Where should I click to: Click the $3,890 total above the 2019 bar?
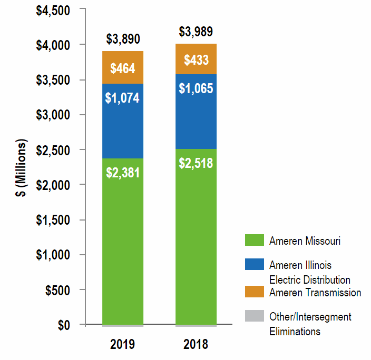coord(122,39)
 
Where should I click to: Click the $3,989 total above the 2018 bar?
coord(196,32)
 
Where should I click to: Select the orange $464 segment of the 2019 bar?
coord(122,68)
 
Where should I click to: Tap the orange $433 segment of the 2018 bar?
coord(196,59)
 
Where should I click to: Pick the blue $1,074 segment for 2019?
coord(122,98)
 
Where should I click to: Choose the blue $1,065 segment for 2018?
coord(196,88)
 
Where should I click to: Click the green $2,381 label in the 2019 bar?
coord(122,173)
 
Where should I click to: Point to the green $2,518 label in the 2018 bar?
coord(196,163)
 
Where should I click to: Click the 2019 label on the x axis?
coord(122,345)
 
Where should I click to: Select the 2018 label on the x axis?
coord(196,345)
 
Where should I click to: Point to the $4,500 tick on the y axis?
coord(56,10)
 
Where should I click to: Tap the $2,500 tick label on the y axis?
coord(56,150)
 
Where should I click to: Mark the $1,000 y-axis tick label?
coord(56,255)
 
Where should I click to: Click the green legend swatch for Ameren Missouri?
coord(254,241)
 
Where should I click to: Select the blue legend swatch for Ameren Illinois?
coord(254,265)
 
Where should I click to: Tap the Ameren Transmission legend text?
coord(315,293)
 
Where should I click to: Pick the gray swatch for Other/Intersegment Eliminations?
coord(254,316)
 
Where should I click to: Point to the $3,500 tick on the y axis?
coord(56,80)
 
